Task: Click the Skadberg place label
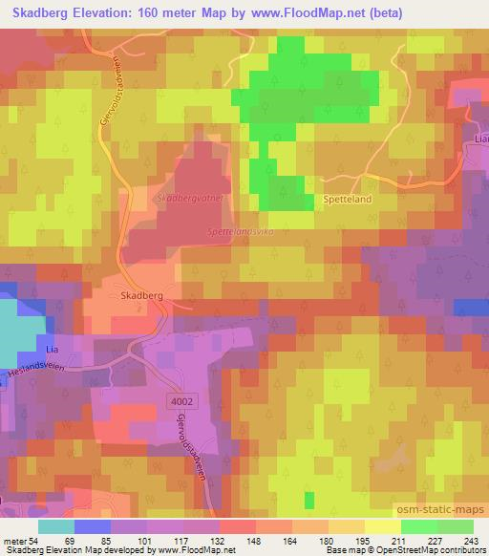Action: point(142,296)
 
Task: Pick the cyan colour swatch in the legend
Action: point(56,526)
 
